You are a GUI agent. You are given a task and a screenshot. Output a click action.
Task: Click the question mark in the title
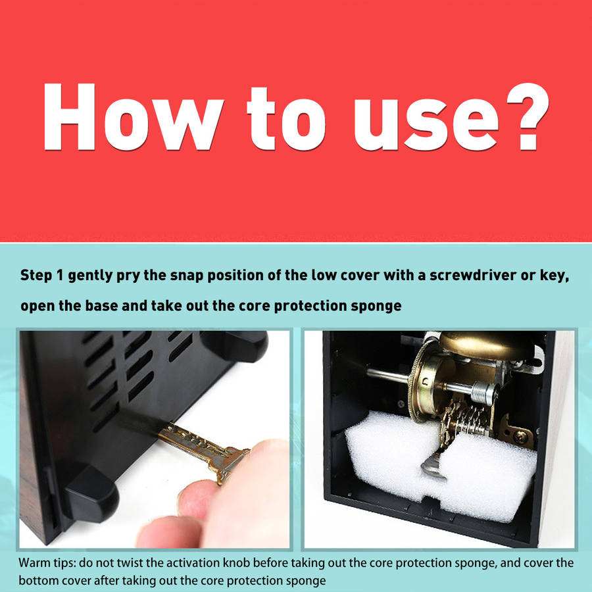click(527, 116)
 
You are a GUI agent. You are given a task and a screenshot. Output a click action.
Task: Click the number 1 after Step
click(59, 275)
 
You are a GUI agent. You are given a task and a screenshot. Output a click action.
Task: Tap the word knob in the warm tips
click(236, 562)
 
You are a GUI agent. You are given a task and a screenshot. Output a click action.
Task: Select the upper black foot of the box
click(234, 345)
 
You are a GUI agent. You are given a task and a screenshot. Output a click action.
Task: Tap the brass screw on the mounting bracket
click(521, 437)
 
